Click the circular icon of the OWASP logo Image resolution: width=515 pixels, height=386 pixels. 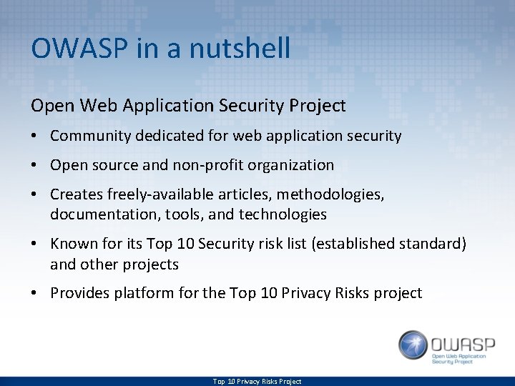tap(413, 345)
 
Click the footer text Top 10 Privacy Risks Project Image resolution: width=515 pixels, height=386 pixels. tap(257, 382)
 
